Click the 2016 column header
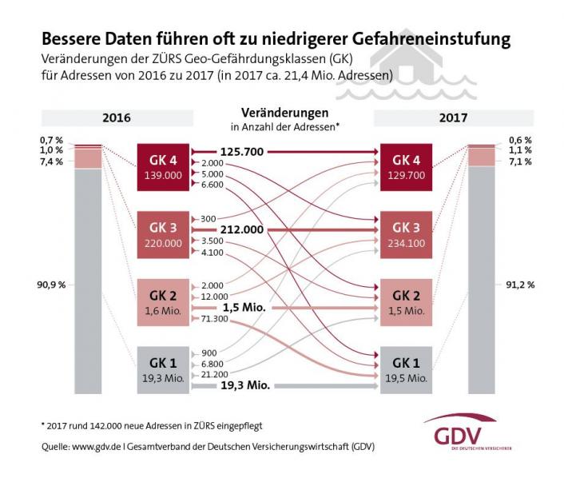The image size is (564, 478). click(x=117, y=118)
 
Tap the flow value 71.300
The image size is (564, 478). click(x=214, y=318)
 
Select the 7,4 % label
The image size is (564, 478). click(x=52, y=161)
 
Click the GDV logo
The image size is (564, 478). click(x=471, y=435)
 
